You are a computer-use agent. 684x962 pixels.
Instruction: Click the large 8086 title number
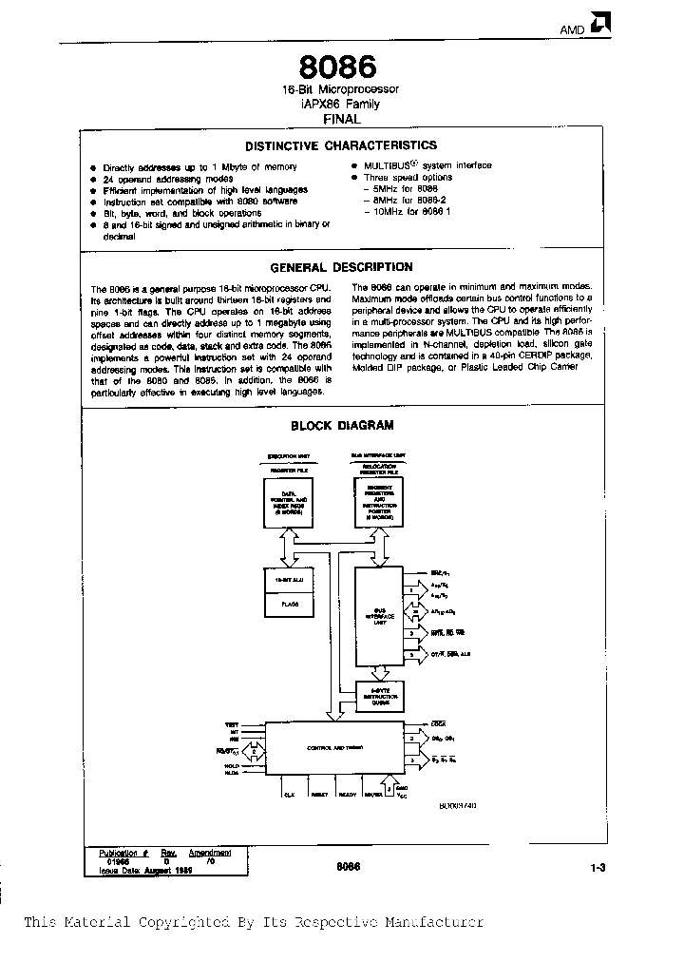tap(338, 67)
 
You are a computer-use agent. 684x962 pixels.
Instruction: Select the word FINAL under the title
tap(341, 120)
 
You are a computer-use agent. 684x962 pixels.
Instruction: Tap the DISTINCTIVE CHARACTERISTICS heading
tap(341, 145)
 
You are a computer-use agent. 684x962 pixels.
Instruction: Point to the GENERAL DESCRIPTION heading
tap(341, 268)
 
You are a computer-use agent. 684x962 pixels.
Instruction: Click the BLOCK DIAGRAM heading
tap(341, 426)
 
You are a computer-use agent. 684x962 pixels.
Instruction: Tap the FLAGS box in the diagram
tap(288, 602)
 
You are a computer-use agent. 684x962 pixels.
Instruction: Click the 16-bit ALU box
tap(288, 579)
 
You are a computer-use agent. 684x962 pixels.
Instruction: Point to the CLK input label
tap(289, 793)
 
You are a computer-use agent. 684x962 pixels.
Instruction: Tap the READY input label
tap(347, 793)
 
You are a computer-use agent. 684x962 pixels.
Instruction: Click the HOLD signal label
tap(232, 765)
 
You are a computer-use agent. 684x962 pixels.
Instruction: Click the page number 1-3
tap(597, 866)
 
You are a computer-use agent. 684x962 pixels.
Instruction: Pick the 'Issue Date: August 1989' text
tap(145, 871)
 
